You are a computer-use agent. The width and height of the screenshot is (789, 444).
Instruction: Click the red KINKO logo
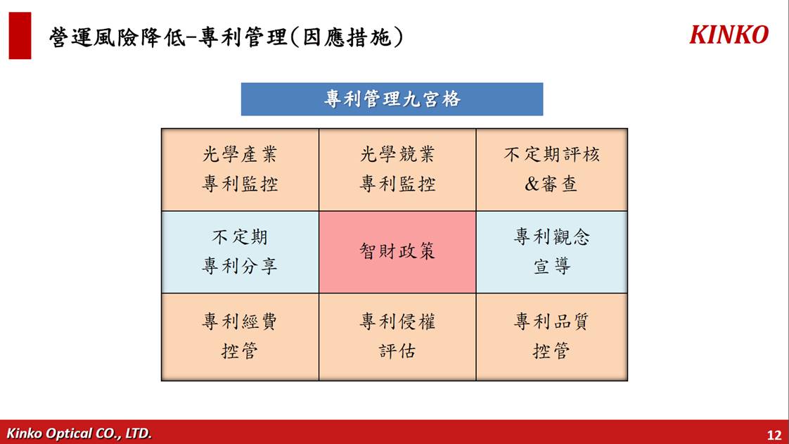729,34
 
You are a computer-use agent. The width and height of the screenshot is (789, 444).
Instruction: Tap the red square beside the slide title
20,36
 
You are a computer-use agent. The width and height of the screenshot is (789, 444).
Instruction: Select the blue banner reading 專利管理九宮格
392,99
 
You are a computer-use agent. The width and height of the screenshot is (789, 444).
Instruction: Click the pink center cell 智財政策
397,252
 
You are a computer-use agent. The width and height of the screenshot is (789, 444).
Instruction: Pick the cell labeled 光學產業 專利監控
240,170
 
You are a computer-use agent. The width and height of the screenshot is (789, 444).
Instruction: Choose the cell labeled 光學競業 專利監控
397,170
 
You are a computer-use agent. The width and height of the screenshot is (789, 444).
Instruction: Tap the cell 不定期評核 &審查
551,170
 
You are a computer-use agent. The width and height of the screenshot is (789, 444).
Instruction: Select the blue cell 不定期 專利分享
240,252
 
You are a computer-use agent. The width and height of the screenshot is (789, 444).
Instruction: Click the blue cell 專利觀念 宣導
551,252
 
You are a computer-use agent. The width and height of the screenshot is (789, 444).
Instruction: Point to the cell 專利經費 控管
240,337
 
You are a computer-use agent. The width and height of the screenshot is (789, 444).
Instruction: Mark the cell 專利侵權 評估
397,337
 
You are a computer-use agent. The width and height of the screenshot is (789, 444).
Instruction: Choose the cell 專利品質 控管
551,337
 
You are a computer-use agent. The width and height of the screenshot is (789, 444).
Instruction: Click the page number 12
774,435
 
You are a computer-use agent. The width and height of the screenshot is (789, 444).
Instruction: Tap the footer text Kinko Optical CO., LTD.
79,433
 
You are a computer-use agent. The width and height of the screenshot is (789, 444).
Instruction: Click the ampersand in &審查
532,184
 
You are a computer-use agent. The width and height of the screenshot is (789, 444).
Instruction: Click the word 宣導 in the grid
552,266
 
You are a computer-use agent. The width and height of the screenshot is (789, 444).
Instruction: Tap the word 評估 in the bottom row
397,350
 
